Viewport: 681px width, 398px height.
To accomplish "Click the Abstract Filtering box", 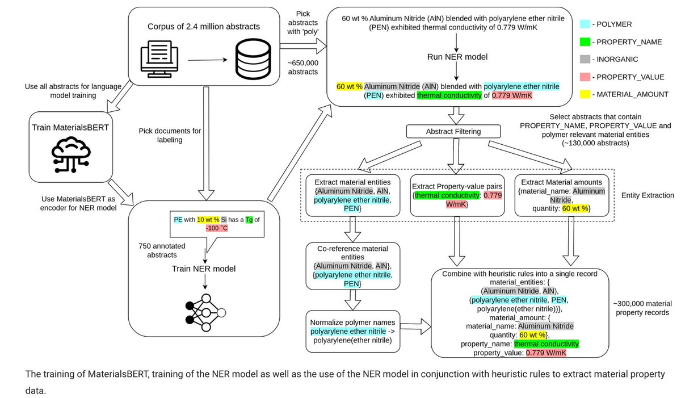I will click(453, 131).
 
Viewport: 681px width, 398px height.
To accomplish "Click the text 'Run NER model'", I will click(457, 57).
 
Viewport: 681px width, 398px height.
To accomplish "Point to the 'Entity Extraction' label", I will click(647, 195).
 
